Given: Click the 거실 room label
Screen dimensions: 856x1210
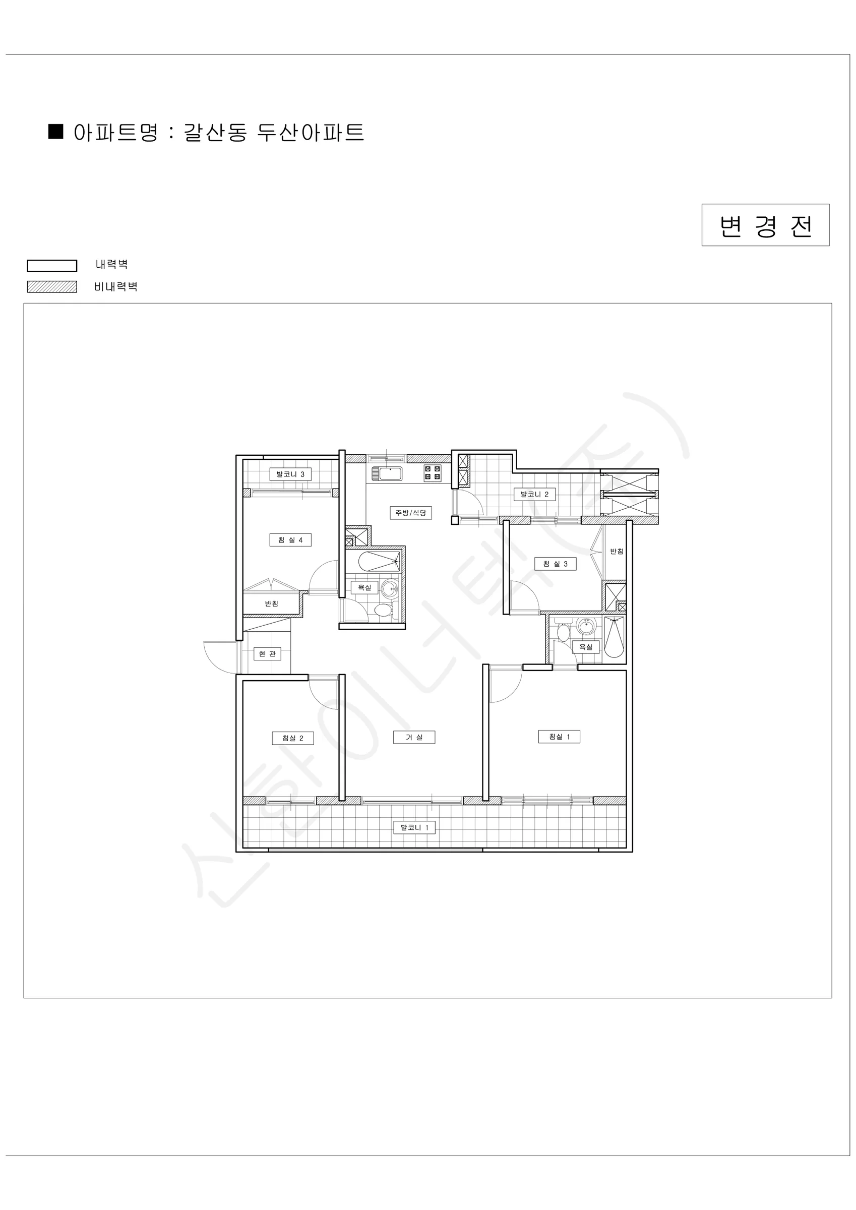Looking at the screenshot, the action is coord(414,737).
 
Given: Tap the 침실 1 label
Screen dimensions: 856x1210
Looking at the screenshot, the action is coord(559,737).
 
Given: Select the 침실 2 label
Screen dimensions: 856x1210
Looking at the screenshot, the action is coord(292,738).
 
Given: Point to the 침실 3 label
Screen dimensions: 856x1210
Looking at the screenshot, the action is coord(555,564).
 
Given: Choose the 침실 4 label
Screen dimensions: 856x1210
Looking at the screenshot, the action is coord(290,540).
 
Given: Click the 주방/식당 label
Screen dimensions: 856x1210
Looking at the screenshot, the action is coord(411,513).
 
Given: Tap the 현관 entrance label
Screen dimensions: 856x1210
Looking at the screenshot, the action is coord(267,654).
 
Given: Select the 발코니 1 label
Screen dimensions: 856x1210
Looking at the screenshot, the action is coord(414,828).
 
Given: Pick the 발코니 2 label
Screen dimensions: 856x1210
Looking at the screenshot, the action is coord(534,494).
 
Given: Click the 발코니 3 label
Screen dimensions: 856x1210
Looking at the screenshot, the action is coord(290,474).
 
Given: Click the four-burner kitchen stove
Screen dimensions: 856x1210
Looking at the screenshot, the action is coord(433,473).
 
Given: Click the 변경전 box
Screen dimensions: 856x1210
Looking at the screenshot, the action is coord(765,225).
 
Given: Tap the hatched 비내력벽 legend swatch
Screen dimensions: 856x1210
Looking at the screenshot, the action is coord(52,287).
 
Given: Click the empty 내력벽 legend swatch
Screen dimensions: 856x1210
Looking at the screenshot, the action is coord(52,266).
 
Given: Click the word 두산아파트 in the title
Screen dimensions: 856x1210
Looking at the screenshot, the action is coord(311,132).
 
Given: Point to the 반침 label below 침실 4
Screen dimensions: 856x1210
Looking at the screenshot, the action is coord(271,604).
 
